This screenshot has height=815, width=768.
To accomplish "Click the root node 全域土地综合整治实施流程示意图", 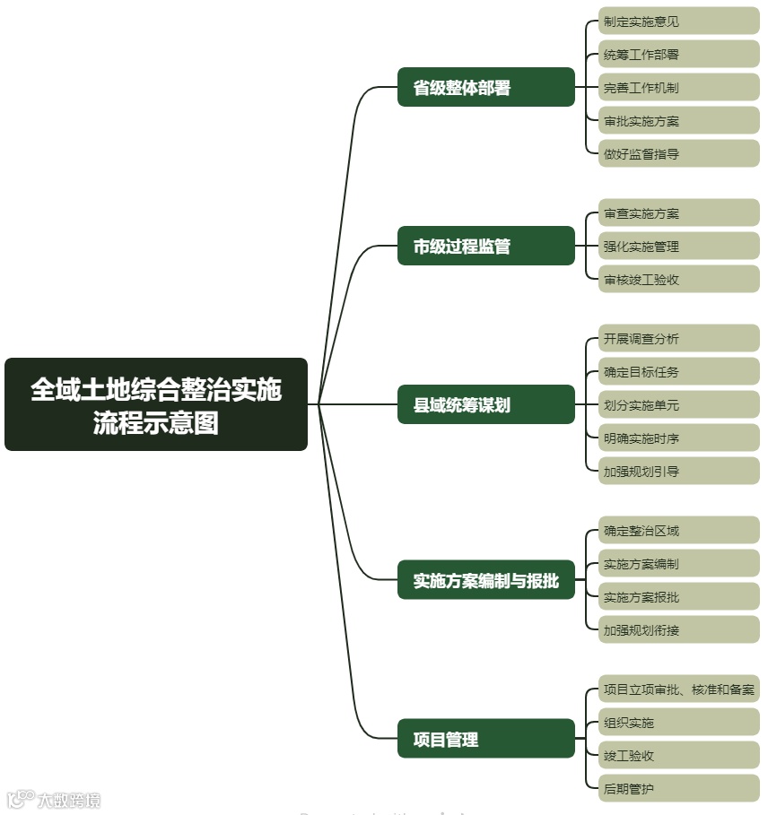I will tap(156, 404).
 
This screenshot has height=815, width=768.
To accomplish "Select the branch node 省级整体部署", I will tap(485, 88).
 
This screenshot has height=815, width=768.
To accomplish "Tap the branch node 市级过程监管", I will tap(485, 247).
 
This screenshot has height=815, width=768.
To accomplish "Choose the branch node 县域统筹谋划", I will tap(485, 404).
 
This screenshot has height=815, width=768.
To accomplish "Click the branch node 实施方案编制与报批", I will tap(485, 581).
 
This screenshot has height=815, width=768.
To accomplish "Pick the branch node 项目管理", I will tap(485, 739).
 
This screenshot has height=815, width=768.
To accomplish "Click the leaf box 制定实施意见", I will tap(678, 22).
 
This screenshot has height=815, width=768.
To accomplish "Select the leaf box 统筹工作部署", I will tap(678, 55).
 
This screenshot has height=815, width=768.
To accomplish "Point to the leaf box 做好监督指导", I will tap(678, 154).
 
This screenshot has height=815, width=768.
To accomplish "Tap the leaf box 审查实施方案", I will tap(678, 213).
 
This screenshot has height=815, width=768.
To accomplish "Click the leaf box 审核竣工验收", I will tap(678, 280).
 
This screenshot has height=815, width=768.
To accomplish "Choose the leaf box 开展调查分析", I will tap(678, 339).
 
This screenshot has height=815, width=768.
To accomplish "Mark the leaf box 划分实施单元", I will tap(678, 405).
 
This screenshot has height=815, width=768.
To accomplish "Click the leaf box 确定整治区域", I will tap(678, 531).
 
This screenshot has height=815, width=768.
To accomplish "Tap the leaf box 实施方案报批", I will tap(678, 597).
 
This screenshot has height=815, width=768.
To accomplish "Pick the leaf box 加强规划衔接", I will tap(678, 630).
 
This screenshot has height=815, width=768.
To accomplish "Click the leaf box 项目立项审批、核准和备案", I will tap(678, 689).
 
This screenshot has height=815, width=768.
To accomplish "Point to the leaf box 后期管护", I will tap(678, 789).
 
